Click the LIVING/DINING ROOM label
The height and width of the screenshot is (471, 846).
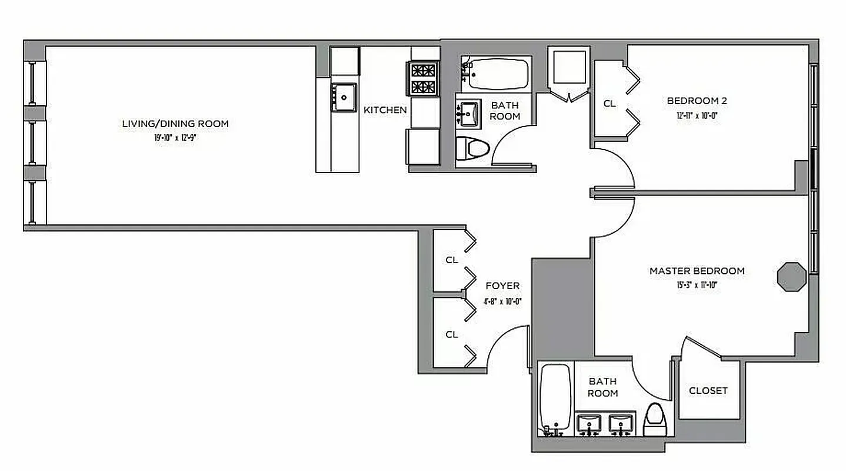175,124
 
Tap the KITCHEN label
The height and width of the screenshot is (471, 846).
385,110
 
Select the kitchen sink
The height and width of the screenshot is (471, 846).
344,96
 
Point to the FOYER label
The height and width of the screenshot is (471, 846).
502,286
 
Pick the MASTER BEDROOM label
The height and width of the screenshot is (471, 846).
697,271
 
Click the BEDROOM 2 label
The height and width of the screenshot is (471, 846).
697,101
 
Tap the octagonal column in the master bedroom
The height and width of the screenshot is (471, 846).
791,276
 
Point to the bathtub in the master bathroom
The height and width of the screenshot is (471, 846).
555,397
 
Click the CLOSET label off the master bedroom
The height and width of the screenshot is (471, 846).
708,390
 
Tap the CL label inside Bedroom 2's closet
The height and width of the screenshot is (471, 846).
609,104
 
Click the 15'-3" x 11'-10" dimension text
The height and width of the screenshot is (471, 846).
697,286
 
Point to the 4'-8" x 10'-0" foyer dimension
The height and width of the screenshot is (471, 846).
502,301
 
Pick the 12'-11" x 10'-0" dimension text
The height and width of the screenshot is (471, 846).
697,116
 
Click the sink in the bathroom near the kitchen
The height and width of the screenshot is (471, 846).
469,111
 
